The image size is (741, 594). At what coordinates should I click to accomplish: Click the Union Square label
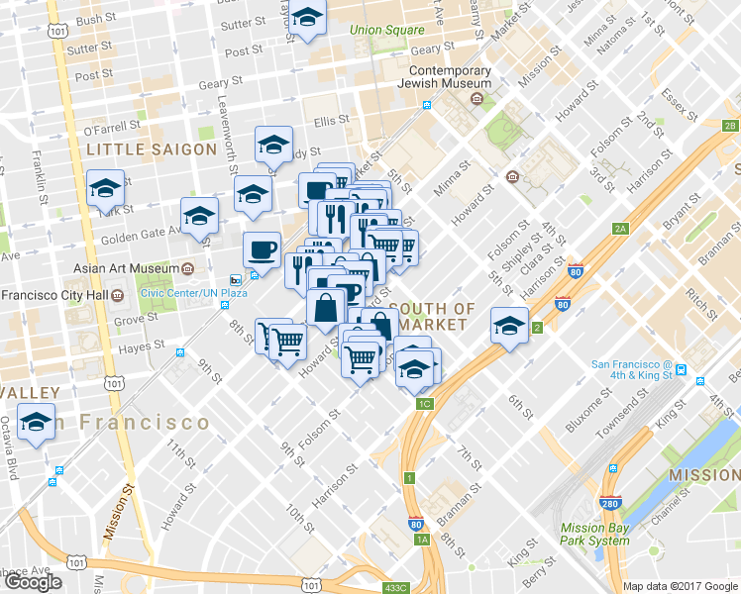pyautogui.click(x=386, y=30)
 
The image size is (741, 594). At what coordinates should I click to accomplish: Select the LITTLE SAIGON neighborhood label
pyautogui.click(x=151, y=149)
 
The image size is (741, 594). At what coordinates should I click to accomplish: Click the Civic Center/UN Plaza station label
pyautogui.click(x=193, y=293)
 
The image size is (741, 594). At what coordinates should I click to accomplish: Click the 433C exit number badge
pyautogui.click(x=395, y=587)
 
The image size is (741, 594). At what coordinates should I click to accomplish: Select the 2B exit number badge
pyautogui.click(x=730, y=126)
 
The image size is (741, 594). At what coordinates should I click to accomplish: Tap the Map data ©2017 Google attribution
pyautogui.click(x=680, y=586)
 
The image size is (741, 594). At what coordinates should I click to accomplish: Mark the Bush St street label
pyautogui.click(x=95, y=19)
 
